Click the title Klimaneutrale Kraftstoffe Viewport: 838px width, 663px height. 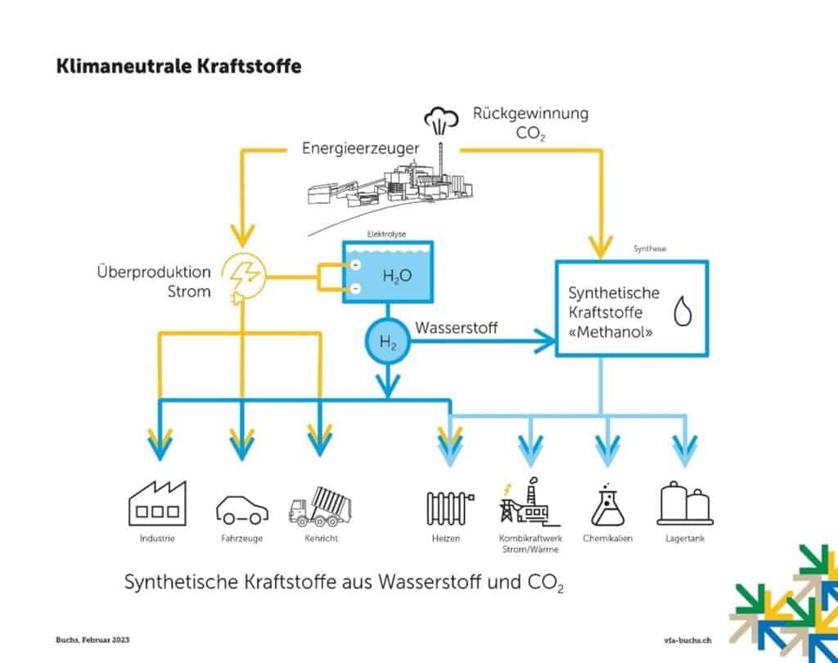coord(178,66)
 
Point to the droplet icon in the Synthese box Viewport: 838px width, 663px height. coord(682,312)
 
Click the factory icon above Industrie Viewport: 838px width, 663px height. coord(158,502)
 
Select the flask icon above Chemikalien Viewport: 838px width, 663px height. coord(607,503)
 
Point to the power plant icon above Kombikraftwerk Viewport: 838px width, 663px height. coord(525,502)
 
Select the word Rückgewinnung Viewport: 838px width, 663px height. coord(530,114)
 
